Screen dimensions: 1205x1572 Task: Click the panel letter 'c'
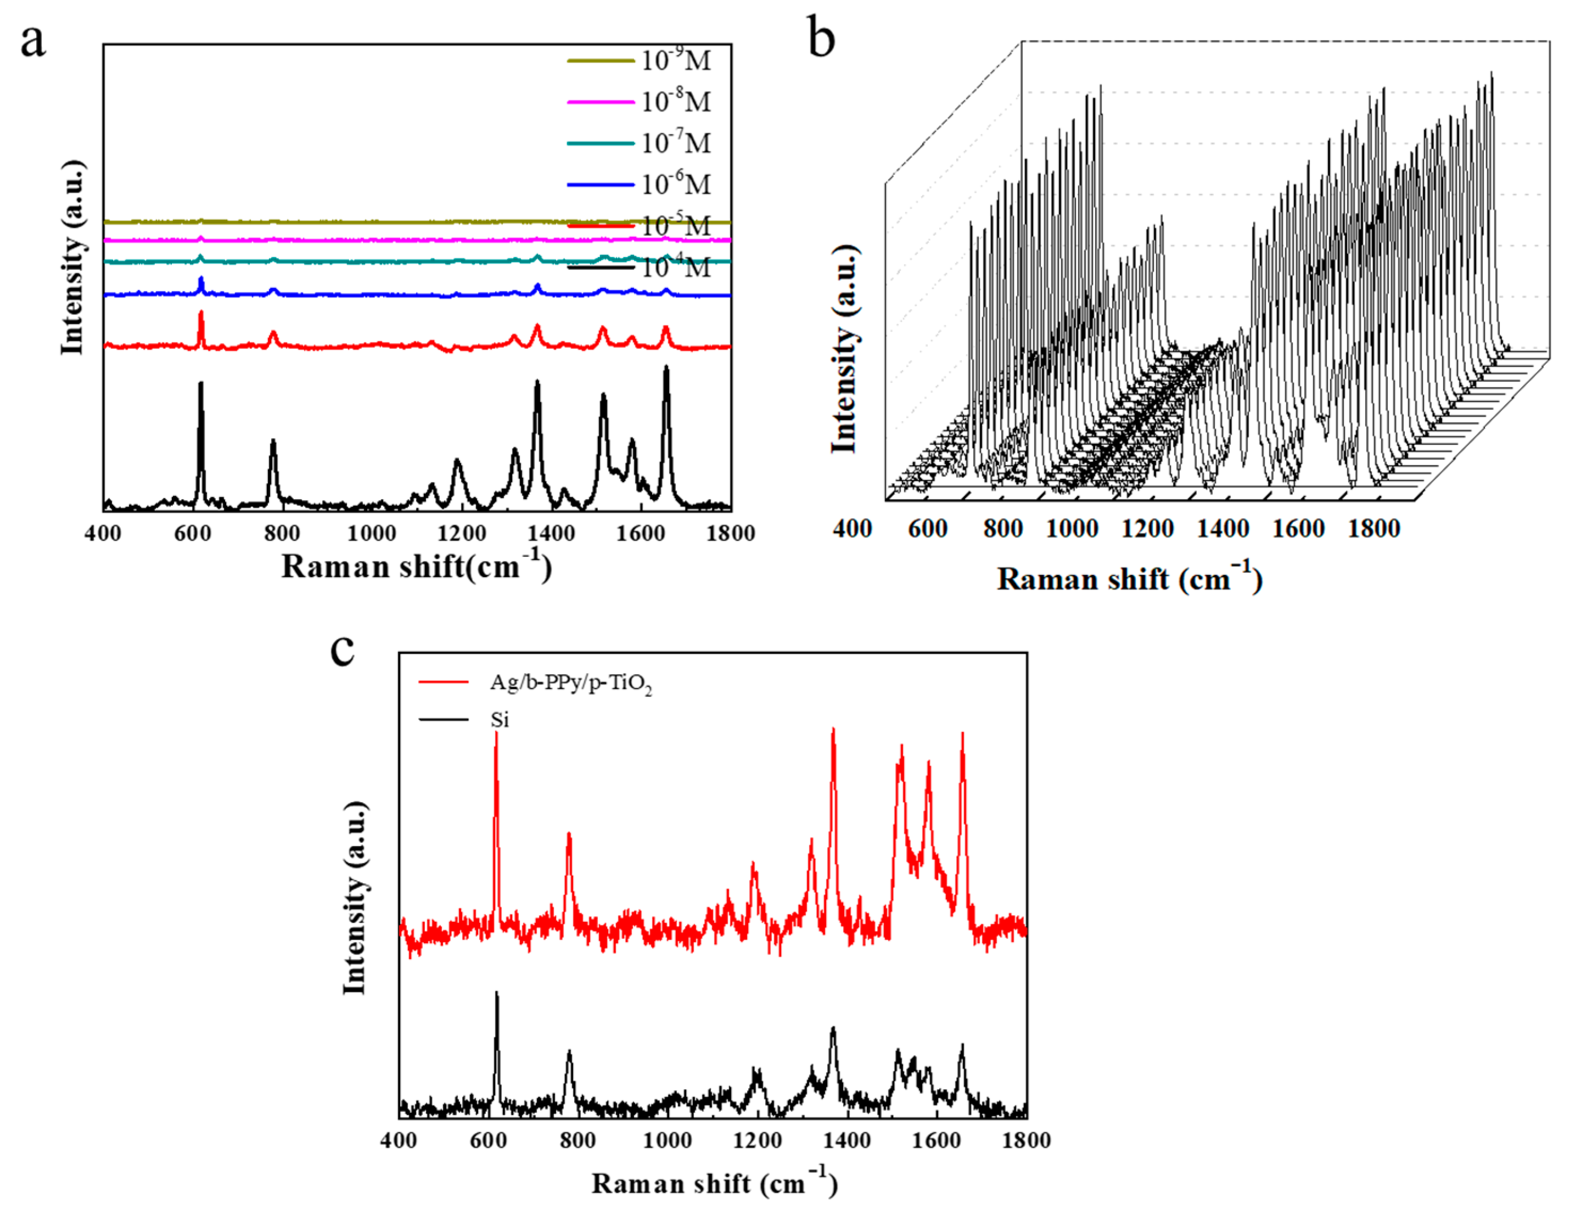tap(342, 650)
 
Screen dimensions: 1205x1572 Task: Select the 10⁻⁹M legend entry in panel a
tap(674, 61)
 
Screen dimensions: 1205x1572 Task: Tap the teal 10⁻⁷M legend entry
tap(674, 143)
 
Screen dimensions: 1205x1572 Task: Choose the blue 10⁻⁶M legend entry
tap(674, 185)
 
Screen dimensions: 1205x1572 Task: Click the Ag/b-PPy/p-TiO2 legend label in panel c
tap(570, 683)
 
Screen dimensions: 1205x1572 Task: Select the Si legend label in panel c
tap(499, 720)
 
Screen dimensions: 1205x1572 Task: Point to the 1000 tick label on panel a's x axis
tap(371, 533)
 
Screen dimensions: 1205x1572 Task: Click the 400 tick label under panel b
tap(852, 529)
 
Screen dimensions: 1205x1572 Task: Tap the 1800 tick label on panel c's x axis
tap(1026, 1140)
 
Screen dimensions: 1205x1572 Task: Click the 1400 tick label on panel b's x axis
tap(1222, 529)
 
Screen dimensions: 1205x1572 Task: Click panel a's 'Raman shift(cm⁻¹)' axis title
tap(416, 566)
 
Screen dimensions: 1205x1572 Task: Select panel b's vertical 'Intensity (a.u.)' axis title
tap(845, 349)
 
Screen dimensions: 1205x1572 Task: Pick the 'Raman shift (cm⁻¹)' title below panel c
tap(714, 1183)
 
